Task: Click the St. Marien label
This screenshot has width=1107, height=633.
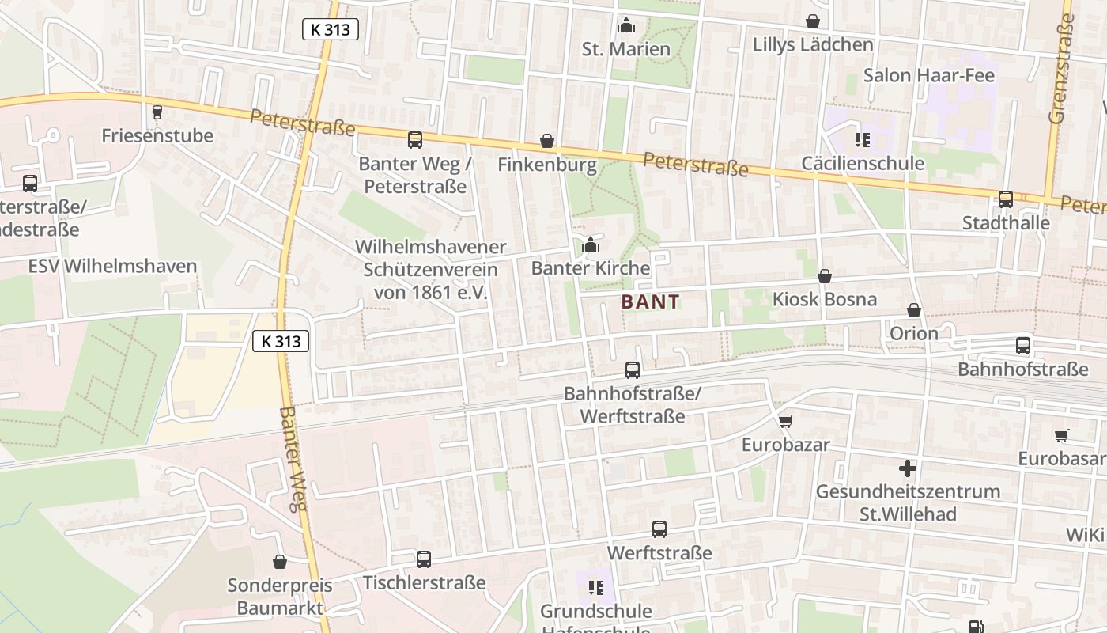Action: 625,49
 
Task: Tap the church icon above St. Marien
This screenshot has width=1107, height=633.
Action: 626,25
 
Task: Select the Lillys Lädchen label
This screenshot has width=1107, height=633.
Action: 813,44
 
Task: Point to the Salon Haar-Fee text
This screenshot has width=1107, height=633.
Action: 928,75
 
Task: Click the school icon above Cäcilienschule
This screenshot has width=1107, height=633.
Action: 862,140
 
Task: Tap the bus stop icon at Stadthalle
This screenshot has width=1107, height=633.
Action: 1006,199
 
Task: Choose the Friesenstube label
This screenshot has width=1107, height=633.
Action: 157,135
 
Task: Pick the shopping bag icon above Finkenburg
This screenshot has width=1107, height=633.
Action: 547,141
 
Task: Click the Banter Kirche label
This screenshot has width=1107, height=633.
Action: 590,267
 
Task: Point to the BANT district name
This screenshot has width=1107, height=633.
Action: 650,301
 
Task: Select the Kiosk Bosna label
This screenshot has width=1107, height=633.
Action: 824,299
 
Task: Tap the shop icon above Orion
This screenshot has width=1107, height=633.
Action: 914,309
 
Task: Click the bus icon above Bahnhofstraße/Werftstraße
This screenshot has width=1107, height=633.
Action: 633,370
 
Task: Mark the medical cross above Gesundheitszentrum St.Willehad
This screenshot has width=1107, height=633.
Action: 908,468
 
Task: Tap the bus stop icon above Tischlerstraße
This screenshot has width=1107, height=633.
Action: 424,559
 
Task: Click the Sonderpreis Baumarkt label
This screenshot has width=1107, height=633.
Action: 280,597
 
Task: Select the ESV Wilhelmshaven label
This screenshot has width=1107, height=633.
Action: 112,266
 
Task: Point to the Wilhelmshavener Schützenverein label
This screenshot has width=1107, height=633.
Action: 430,269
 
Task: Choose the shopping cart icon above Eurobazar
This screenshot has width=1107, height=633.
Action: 785,421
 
